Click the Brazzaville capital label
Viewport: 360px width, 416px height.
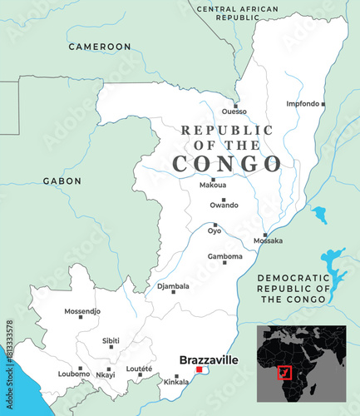[x=209, y=360]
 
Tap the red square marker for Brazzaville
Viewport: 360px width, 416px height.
[x=199, y=370]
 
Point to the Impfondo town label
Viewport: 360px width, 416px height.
[x=303, y=104]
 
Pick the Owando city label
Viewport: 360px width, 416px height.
[x=224, y=205]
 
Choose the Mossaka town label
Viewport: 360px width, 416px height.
[x=269, y=241]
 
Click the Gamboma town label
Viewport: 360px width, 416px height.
[x=224, y=256]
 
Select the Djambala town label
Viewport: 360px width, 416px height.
[x=172, y=286]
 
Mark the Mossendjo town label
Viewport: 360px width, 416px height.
[x=82, y=311]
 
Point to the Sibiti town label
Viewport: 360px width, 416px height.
[x=111, y=340]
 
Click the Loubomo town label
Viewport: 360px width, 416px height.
[x=74, y=374]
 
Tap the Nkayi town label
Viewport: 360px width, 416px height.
[x=106, y=374]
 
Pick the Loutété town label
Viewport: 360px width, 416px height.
[x=139, y=368]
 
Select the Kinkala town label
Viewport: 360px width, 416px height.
[x=176, y=382]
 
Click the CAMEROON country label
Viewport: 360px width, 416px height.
[x=100, y=47]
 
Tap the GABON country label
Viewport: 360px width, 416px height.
[x=62, y=181]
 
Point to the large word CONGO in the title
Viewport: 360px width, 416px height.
[x=226, y=162]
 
